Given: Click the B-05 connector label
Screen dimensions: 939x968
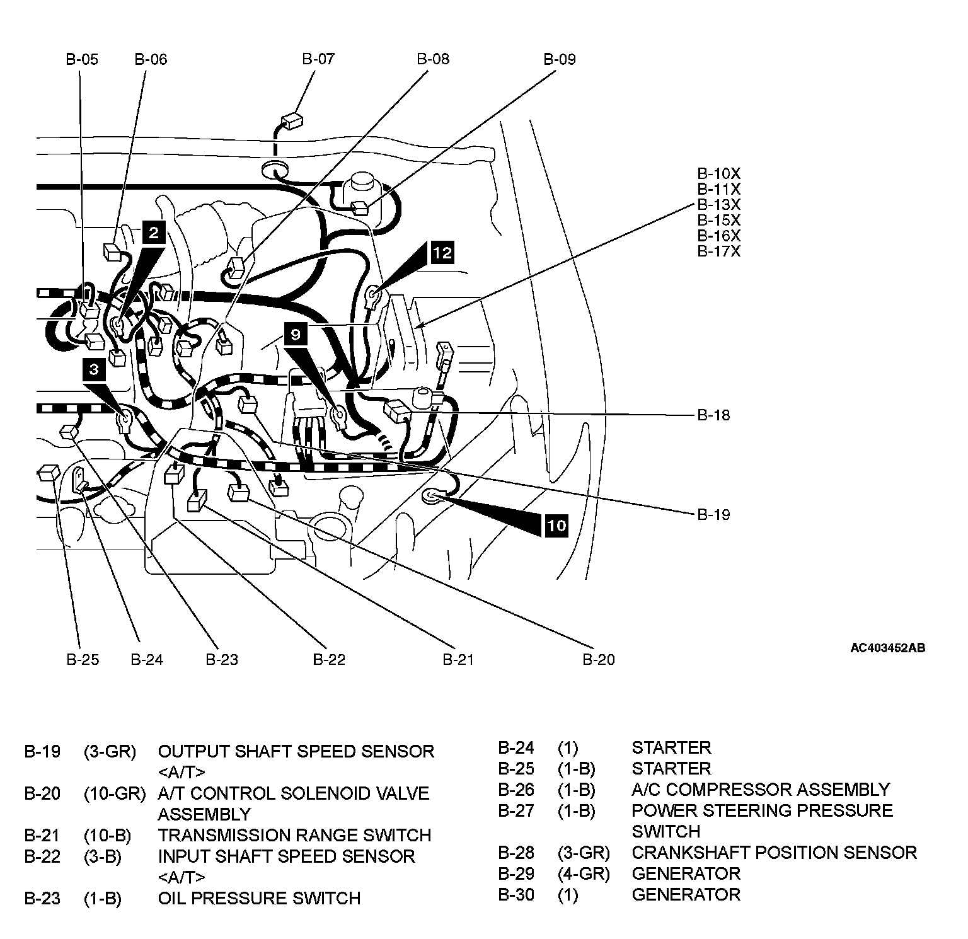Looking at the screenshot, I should [82, 59].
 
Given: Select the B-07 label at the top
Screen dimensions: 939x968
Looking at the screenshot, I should [318, 59].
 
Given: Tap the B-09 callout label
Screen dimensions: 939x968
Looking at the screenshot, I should [560, 59].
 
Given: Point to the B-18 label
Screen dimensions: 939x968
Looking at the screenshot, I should [713, 415].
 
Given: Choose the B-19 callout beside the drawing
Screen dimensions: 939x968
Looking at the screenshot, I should [713, 515].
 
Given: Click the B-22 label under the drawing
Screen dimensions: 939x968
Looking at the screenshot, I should [329, 660].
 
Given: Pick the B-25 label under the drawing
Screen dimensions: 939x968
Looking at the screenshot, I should [83, 660].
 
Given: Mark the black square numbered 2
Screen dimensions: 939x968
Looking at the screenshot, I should [154, 233].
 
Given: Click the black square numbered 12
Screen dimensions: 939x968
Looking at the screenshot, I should [442, 253].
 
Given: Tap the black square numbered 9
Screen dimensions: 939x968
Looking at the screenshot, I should [296, 334].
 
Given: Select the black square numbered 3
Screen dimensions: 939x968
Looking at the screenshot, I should [93, 369].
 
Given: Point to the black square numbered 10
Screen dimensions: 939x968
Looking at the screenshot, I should [556, 525].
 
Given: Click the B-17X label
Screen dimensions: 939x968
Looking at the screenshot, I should [718, 251].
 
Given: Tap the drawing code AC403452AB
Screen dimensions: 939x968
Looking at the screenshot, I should [887, 648].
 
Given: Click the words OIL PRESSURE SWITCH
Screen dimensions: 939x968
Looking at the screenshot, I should [259, 898].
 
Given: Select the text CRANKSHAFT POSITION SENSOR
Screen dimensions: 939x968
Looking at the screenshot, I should [774, 853].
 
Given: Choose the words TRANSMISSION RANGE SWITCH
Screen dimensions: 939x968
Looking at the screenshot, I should [294, 836].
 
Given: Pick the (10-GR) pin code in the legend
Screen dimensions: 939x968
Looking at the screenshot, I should [114, 793].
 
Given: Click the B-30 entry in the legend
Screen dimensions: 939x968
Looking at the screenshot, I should [516, 895].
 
